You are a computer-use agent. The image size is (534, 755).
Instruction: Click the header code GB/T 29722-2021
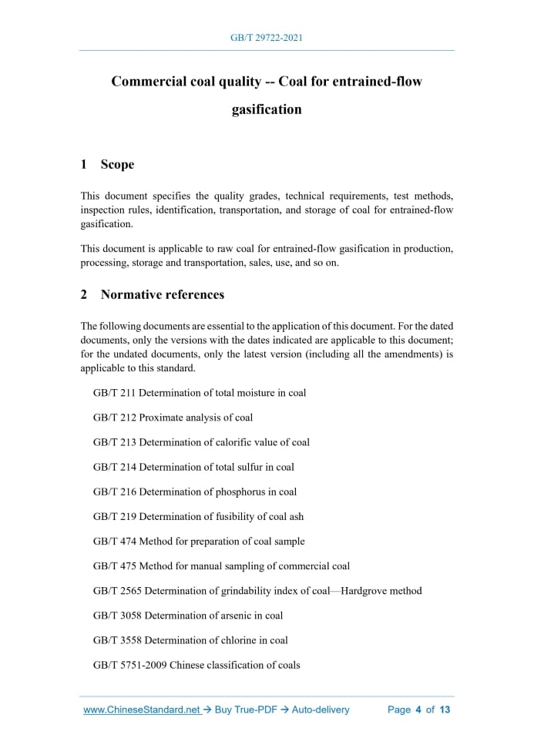(267, 37)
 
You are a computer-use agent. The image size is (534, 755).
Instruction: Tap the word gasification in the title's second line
(267, 109)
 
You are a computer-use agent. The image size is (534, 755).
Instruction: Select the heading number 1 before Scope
(84, 164)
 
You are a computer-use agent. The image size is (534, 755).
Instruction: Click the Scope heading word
(117, 164)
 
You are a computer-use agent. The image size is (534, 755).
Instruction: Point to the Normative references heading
(173, 294)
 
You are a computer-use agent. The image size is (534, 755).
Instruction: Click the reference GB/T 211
(114, 393)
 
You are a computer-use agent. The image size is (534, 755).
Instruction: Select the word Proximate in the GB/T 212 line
(162, 418)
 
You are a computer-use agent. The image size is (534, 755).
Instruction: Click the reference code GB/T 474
(114, 542)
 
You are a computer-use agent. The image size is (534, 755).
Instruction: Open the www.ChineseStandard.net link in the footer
(141, 710)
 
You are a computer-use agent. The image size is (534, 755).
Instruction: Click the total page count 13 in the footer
(445, 710)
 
